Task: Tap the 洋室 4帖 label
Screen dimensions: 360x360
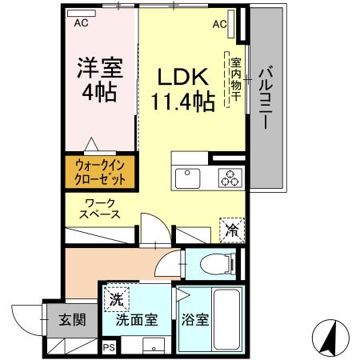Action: pyautogui.click(x=98, y=78)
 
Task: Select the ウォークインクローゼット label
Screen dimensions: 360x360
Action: pyautogui.click(x=100, y=171)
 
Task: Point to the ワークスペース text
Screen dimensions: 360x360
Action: pyautogui.click(x=100, y=208)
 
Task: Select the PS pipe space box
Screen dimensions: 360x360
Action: pyautogui.click(x=108, y=346)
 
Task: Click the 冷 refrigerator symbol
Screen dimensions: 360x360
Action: pyautogui.click(x=230, y=230)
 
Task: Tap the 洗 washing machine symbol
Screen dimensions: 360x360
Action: pyautogui.click(x=116, y=300)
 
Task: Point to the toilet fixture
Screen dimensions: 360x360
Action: pyautogui.click(x=225, y=261)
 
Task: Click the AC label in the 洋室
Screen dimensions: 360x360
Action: pyautogui.click(x=81, y=24)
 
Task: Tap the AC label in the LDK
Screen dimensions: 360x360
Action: pyautogui.click(x=219, y=24)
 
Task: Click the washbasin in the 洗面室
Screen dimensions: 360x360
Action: pyautogui.click(x=152, y=346)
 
